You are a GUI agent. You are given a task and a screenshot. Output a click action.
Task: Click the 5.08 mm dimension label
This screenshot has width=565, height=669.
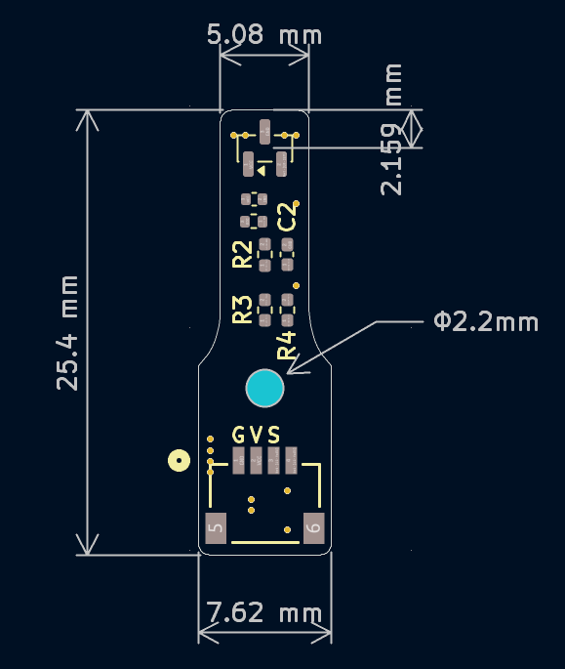[263, 34]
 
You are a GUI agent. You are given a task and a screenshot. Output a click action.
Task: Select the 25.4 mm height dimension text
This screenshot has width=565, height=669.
[67, 333]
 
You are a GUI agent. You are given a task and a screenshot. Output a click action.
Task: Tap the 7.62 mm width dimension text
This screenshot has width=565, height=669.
[263, 612]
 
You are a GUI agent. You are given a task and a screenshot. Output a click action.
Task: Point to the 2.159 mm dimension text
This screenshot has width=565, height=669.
[391, 130]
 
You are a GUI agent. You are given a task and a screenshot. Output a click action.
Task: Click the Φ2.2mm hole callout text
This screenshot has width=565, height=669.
[486, 321]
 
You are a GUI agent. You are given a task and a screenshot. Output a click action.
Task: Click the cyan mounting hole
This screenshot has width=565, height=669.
[264, 389]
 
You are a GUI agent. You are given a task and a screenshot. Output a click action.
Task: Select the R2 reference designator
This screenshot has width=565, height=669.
[242, 254]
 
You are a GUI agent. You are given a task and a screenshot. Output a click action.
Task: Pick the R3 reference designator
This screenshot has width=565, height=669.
[242, 310]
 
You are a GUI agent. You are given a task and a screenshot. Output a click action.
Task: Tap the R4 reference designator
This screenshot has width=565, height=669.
[287, 345]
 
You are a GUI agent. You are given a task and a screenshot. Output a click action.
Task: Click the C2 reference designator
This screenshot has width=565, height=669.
[287, 217]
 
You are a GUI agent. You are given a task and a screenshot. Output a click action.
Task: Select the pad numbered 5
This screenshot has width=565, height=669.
[216, 528]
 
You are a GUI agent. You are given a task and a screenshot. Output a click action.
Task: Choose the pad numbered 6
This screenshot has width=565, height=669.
[314, 528]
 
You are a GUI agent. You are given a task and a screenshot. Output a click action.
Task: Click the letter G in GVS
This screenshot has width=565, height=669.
[239, 436]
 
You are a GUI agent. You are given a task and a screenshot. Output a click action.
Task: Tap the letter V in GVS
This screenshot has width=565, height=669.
[257, 436]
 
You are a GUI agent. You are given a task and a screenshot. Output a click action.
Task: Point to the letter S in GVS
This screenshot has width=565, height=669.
[274, 436]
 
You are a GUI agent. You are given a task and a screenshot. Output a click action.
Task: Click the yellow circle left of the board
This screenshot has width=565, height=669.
[180, 461]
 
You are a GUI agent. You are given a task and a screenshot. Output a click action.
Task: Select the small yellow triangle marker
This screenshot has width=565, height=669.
[262, 171]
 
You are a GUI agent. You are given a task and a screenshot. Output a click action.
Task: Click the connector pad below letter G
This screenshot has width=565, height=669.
[238, 460]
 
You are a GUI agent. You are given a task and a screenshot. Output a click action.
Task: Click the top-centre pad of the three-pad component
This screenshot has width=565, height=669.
[264, 132]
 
